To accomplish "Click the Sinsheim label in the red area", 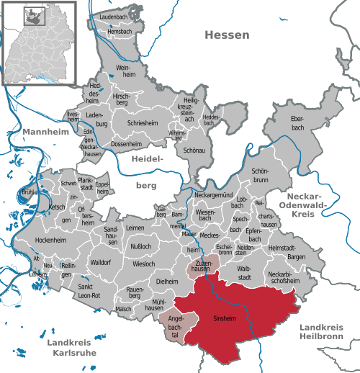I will pos(224,318).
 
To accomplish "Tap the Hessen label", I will pos(227,35).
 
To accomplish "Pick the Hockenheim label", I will pos(51,238).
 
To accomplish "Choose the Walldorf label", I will pos(100,263).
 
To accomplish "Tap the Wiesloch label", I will pos(144,264).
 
